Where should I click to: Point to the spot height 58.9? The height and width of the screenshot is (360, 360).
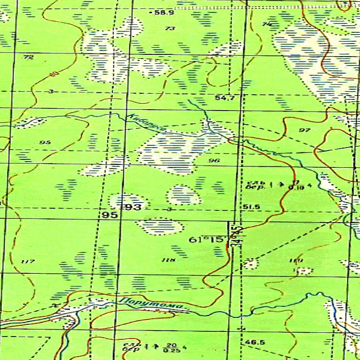[164, 12]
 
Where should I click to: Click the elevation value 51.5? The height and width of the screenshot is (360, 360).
[251, 207]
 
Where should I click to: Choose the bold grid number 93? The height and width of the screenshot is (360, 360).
[133, 207]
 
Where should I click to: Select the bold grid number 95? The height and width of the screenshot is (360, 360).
[109, 215]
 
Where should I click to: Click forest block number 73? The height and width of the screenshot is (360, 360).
[170, 29]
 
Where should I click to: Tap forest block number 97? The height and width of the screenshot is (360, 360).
[304, 130]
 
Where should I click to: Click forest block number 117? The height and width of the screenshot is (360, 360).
[28, 261]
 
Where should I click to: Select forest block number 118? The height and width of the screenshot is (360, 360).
[168, 260]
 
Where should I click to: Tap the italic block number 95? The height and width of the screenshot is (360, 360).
[45, 142]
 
